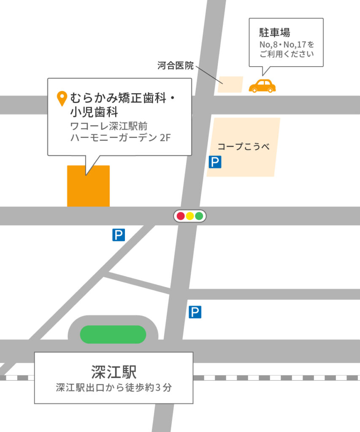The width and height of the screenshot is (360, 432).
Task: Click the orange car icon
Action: tap(262, 86)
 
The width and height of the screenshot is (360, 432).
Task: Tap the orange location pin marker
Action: tap(62, 98)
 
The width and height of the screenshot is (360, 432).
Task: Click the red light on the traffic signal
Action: tap(181, 216)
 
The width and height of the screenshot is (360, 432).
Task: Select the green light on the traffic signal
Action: tap(199, 216)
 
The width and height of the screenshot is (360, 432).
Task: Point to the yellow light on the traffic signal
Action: tap(190, 216)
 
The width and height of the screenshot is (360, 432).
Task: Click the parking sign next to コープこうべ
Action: tap(215, 162)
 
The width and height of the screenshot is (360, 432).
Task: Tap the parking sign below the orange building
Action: tap(119, 235)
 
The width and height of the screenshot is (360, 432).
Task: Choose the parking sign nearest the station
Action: tap(195, 312)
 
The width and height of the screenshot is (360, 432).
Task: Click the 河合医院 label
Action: tap(176, 66)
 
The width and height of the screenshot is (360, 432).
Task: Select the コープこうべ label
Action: tap(243, 147)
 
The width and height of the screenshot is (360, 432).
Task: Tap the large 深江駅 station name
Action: tap(114, 372)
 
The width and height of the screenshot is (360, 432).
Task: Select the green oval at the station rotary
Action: tap(113, 334)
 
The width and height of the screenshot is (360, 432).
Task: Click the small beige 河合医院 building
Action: tap(230, 84)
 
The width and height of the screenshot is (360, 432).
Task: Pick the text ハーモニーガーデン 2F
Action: tap(121, 138)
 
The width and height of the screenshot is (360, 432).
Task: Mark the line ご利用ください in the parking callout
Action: tap(287, 54)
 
